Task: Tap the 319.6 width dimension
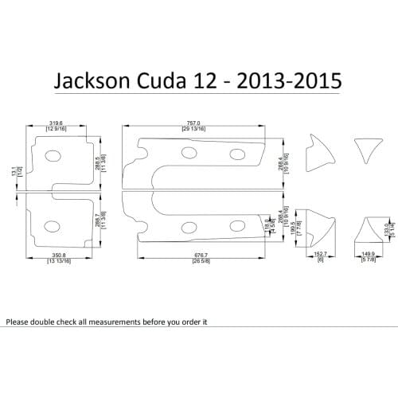coord(55,123)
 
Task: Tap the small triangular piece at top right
coord(367,149)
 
